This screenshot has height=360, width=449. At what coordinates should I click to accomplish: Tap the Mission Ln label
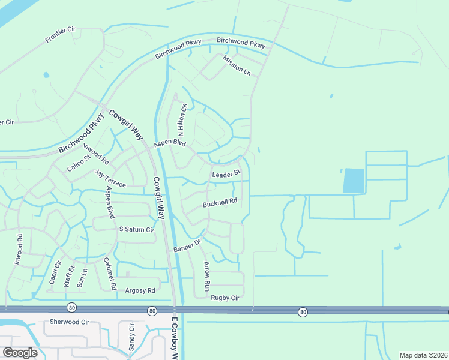237,65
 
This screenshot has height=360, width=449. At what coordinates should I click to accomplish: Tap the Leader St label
226,174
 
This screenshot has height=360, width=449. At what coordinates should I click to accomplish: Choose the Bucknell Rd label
220,203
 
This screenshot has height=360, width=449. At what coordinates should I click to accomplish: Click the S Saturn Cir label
137,229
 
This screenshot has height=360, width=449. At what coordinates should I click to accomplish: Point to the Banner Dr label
186,245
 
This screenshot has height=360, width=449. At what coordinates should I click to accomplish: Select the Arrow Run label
207,274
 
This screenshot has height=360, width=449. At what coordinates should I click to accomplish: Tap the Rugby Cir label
224,298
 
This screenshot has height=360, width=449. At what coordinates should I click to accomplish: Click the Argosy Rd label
140,290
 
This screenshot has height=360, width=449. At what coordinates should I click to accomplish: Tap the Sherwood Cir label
69,322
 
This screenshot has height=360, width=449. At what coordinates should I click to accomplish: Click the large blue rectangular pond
354,181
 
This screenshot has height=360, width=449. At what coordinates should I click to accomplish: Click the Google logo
20,352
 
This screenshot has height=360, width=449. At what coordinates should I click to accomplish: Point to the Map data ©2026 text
423,355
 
